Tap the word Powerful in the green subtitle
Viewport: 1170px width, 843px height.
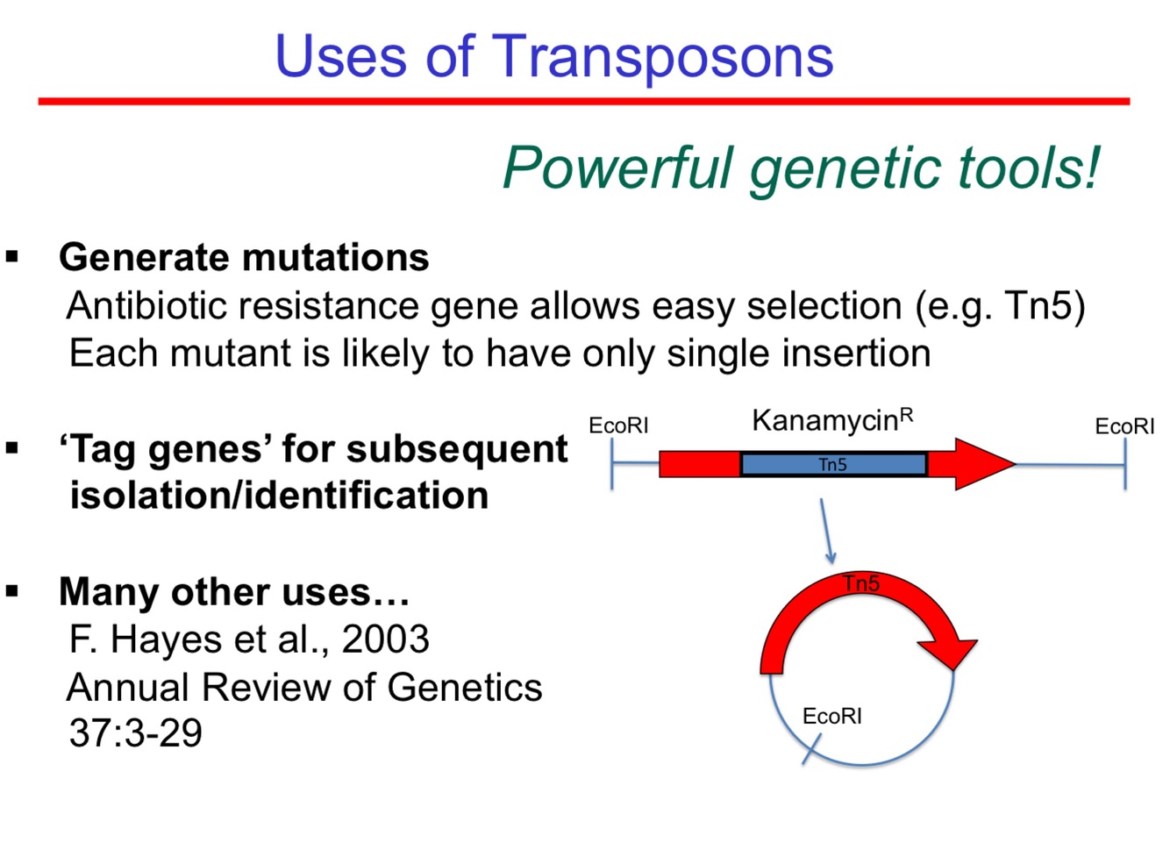tap(617, 168)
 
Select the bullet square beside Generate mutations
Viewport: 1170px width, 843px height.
tap(12, 257)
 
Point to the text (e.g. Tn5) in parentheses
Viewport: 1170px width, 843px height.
tap(1000, 306)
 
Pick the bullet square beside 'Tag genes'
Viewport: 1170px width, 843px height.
tap(12, 448)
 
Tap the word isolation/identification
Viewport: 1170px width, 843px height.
tap(279, 496)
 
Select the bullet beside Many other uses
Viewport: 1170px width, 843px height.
tap(12, 591)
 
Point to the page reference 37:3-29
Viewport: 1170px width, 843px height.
tap(135, 732)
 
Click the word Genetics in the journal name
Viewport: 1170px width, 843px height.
tap(464, 687)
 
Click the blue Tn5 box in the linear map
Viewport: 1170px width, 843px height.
tap(833, 464)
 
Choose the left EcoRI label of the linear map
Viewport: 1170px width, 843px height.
tap(618, 425)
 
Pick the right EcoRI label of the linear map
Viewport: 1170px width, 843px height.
tap(1124, 426)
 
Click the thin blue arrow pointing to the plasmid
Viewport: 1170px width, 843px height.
tap(826, 532)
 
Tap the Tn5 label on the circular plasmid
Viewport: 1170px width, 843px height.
tap(861, 583)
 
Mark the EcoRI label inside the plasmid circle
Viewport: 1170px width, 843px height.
tap(831, 717)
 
